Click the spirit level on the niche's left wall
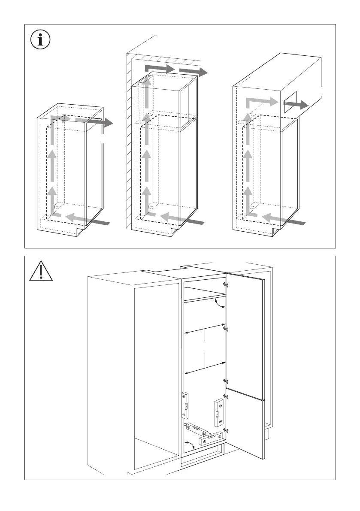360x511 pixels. click(x=185, y=405)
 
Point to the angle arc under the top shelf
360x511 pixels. click(x=219, y=305)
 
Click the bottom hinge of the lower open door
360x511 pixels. click(x=226, y=429)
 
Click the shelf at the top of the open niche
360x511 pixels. click(x=205, y=297)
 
